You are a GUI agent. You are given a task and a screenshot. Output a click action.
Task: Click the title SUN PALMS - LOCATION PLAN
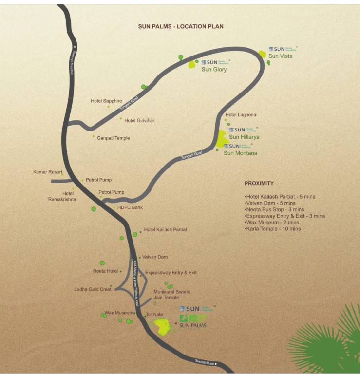click(181, 26)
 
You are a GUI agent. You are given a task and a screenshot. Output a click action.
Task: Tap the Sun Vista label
click(280, 56)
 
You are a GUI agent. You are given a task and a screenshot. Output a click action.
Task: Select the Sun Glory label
click(214, 70)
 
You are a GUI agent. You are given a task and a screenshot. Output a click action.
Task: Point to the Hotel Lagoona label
click(240, 115)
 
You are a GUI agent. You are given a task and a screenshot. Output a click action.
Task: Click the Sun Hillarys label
click(244, 137)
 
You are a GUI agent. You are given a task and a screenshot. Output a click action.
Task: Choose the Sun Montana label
click(240, 153)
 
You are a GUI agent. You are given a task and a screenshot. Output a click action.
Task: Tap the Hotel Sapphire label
click(106, 101)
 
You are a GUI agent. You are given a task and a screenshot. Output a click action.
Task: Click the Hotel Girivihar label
click(139, 120)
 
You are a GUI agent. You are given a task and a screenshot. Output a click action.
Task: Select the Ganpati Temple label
click(113, 138)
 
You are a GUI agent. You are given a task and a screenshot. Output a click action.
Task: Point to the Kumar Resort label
click(47, 172)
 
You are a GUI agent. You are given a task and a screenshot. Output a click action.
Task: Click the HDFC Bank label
click(130, 207)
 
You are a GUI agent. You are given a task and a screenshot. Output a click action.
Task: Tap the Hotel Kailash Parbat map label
click(166, 229)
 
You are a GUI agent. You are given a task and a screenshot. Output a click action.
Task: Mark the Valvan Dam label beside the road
click(155, 257)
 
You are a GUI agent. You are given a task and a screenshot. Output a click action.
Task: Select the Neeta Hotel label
click(106, 271)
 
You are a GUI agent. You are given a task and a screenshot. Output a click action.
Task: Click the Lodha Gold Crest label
click(93, 289)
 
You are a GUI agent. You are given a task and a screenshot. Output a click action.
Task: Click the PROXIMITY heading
click(259, 183)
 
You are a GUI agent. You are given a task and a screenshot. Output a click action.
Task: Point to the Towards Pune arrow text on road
click(201, 363)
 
